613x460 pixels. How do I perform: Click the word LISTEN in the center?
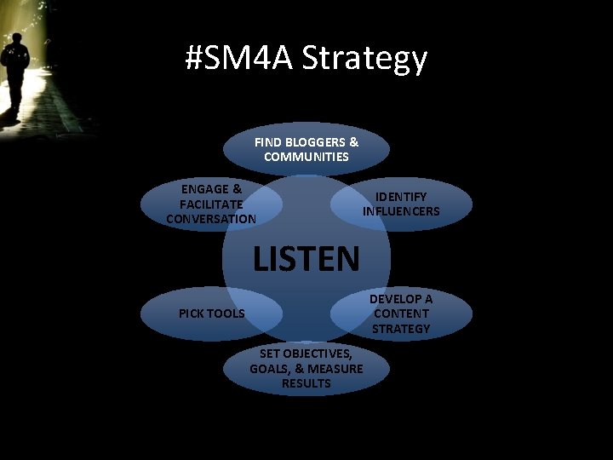click(306, 257)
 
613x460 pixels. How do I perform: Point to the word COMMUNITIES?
click(306, 157)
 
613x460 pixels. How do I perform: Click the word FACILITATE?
click(211, 204)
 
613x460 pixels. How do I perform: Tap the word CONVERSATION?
click(211, 219)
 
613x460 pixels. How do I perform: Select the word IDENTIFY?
click(401, 197)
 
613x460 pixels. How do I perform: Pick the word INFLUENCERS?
click(401, 211)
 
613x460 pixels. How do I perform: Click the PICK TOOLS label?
click(211, 313)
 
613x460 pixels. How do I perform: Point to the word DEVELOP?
click(401, 298)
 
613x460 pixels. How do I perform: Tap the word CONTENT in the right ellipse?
click(401, 313)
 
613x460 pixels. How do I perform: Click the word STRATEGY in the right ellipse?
click(401, 328)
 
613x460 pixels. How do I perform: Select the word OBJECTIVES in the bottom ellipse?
click(321, 353)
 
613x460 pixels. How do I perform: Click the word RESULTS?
click(306, 383)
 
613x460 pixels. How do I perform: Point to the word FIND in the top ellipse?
click(269, 142)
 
